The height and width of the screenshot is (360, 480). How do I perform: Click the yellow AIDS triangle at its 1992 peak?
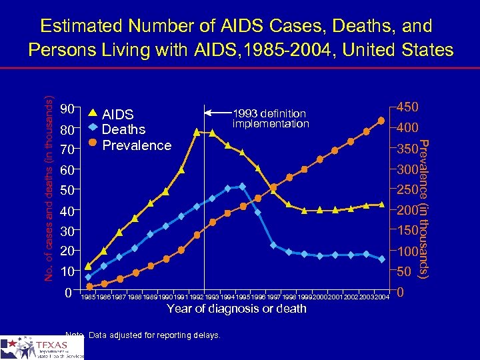pos(197,132)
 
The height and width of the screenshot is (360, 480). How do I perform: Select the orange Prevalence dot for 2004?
pos(381,121)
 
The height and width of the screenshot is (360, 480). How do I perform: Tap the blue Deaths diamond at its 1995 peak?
pos(242,187)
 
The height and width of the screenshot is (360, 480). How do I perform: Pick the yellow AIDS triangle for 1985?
pos(89,265)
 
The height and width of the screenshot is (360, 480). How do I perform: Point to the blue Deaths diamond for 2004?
pos(381,259)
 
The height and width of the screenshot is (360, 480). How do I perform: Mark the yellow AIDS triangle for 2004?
pos(381,205)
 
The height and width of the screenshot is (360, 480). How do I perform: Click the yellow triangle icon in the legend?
pos(93,113)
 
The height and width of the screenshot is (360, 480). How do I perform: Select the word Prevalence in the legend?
pos(138,145)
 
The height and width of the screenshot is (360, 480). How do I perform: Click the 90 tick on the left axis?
pos(67,109)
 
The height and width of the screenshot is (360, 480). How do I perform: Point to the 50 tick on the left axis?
pos(67,191)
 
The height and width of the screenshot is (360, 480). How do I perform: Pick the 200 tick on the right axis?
pos(407,211)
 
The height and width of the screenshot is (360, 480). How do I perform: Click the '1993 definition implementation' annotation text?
pos(270,119)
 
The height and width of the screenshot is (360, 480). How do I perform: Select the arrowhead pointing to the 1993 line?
pos(207,111)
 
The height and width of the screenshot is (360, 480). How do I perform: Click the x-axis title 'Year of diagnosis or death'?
pos(236,309)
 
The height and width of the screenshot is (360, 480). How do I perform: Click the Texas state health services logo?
pos(42,347)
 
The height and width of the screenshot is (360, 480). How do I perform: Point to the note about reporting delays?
pos(143,335)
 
